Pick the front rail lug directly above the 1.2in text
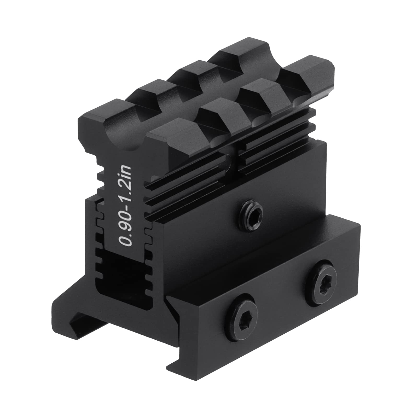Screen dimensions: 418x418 click(x=159, y=131)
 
